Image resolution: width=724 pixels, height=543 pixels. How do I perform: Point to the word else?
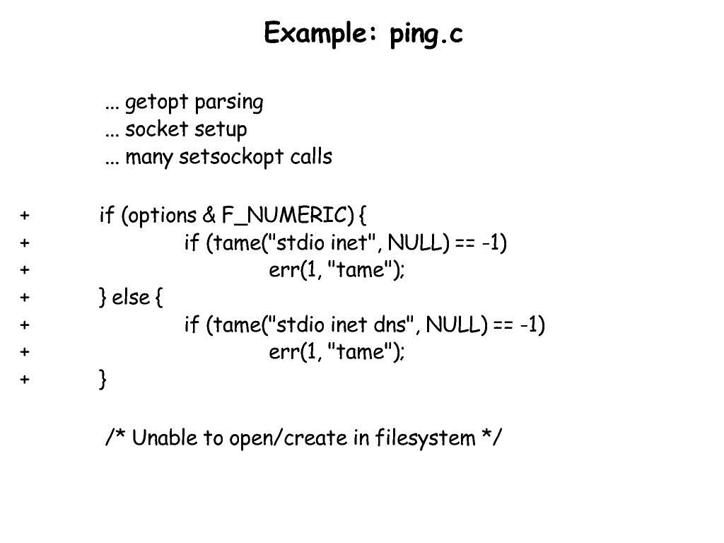[131, 298]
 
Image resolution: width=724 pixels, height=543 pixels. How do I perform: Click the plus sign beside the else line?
[25, 298]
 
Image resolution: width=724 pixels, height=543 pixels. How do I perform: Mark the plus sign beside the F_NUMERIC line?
[25, 215]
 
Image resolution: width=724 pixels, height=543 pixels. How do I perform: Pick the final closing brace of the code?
[103, 380]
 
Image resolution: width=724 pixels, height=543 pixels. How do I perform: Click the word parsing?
[228, 103]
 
